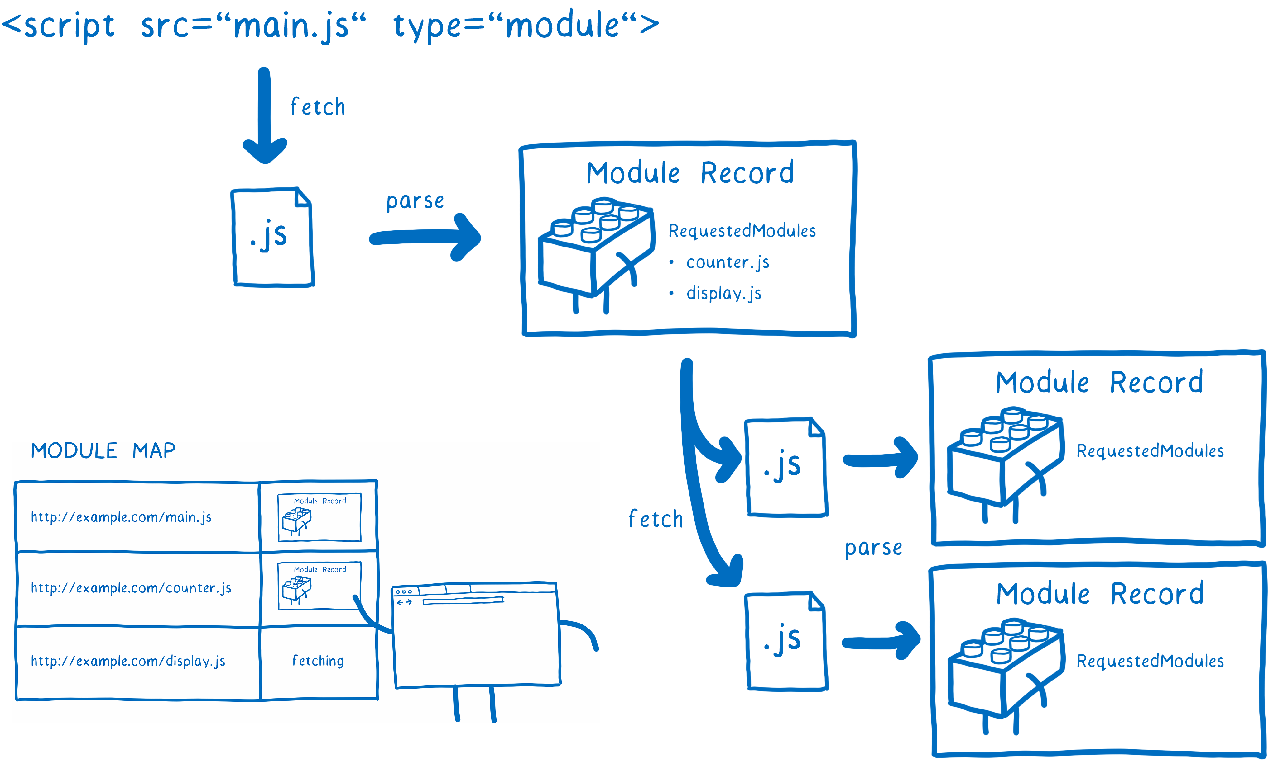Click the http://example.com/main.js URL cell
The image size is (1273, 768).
122,517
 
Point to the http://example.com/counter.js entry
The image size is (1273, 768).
131,587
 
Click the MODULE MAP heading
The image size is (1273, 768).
103,450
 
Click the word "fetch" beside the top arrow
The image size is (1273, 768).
317,107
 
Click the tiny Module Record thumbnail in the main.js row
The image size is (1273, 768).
319,517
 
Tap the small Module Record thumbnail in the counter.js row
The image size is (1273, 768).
319,586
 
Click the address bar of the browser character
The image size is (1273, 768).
463,601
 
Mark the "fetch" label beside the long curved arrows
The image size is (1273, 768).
655,519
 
